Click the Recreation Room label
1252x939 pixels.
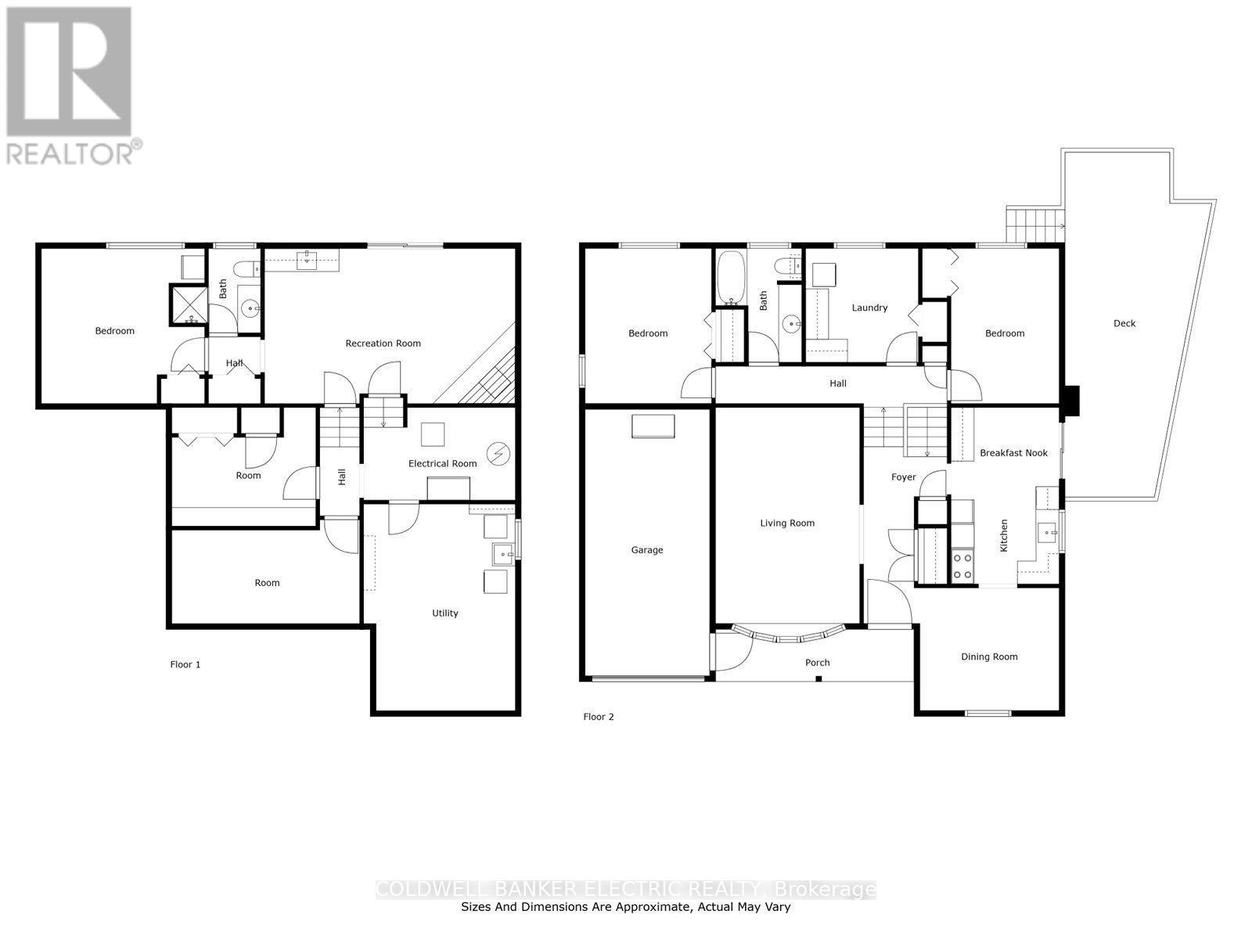pyautogui.click(x=383, y=344)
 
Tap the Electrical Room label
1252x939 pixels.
pyautogui.click(x=442, y=463)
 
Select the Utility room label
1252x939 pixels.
pyautogui.click(x=445, y=613)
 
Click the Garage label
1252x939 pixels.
pyautogui.click(x=647, y=550)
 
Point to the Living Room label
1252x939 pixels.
pyautogui.click(x=787, y=523)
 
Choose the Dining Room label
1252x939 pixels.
pyautogui.click(x=989, y=657)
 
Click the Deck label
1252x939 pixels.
pyautogui.click(x=1124, y=323)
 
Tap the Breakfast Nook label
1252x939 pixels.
pyautogui.click(x=1013, y=453)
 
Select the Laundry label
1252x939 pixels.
pyautogui.click(x=869, y=308)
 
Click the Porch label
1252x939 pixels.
pyautogui.click(x=818, y=663)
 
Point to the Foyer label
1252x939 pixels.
pyautogui.click(x=904, y=477)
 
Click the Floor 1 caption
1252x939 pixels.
pyautogui.click(x=185, y=664)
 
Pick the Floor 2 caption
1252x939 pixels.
pyautogui.click(x=599, y=717)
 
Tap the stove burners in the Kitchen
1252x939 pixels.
pyautogui.click(x=962, y=567)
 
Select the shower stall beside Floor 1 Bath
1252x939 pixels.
pyautogui.click(x=189, y=305)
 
